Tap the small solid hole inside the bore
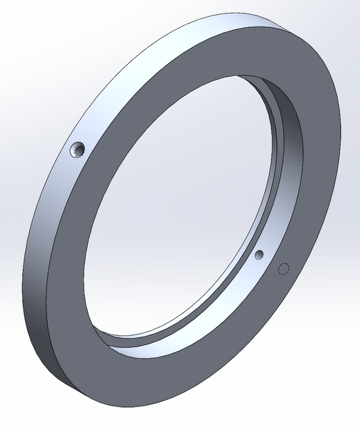[x=259, y=255]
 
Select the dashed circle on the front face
[x=284, y=269]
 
